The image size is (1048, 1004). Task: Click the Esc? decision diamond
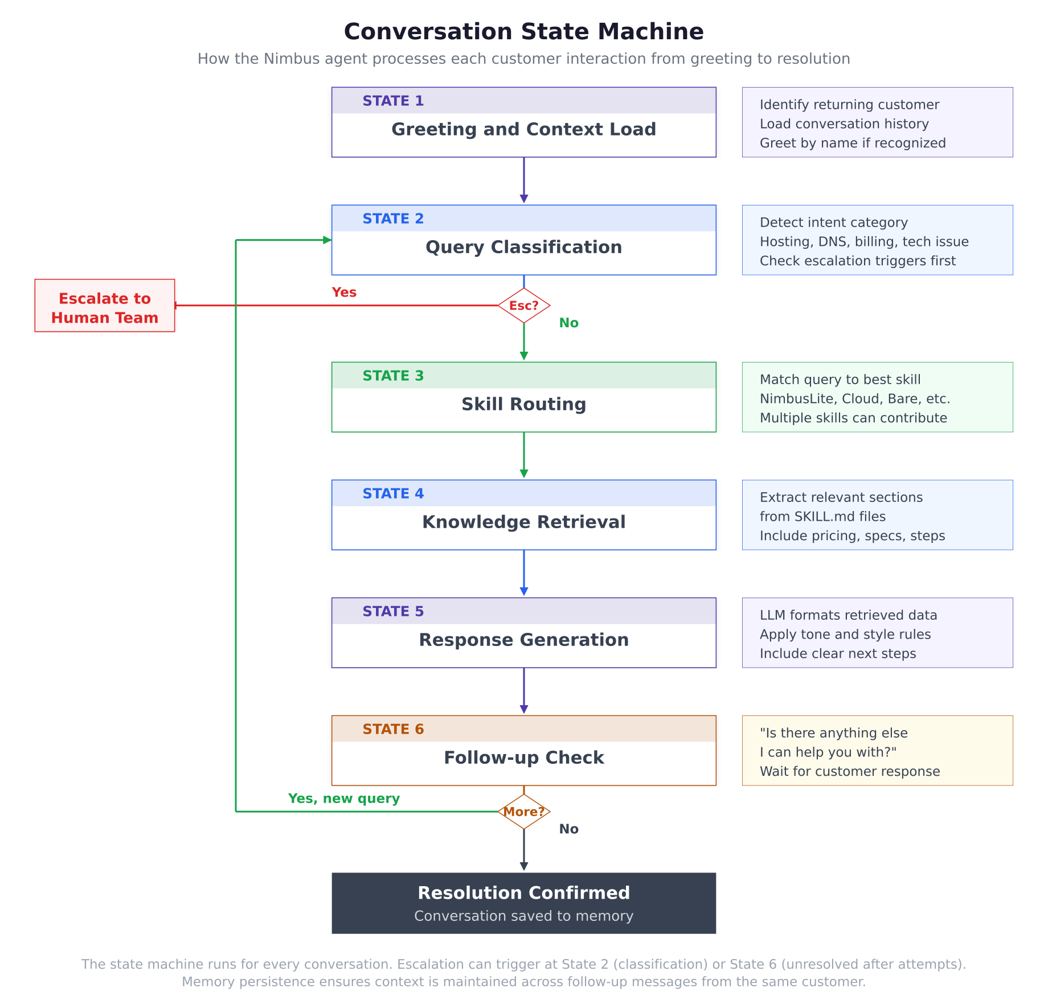click(x=523, y=306)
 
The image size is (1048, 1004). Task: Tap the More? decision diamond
click(x=523, y=812)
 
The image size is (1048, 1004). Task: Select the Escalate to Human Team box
click(x=105, y=306)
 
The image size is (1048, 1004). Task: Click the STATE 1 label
click(x=393, y=101)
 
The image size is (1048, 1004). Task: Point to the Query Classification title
click(x=523, y=247)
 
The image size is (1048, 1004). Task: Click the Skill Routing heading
click(x=523, y=404)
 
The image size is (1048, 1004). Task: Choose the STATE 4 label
click(x=393, y=493)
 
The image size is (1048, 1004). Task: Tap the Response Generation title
click(x=523, y=640)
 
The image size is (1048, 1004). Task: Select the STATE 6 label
click(x=393, y=729)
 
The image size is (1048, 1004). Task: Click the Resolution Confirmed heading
click(x=523, y=892)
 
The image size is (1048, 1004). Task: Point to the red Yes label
click(x=344, y=292)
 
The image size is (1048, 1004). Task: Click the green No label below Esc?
click(x=568, y=323)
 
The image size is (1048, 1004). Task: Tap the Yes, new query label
click(x=344, y=799)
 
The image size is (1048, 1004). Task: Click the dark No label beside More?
click(x=568, y=829)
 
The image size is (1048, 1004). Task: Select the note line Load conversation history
click(x=844, y=124)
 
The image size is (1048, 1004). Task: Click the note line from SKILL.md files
click(x=822, y=516)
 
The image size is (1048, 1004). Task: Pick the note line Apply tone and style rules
click(x=845, y=634)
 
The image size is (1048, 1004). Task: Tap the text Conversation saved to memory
click(x=523, y=916)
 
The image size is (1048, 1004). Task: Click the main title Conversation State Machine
click(x=523, y=31)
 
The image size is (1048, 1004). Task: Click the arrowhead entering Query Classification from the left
click(x=327, y=240)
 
